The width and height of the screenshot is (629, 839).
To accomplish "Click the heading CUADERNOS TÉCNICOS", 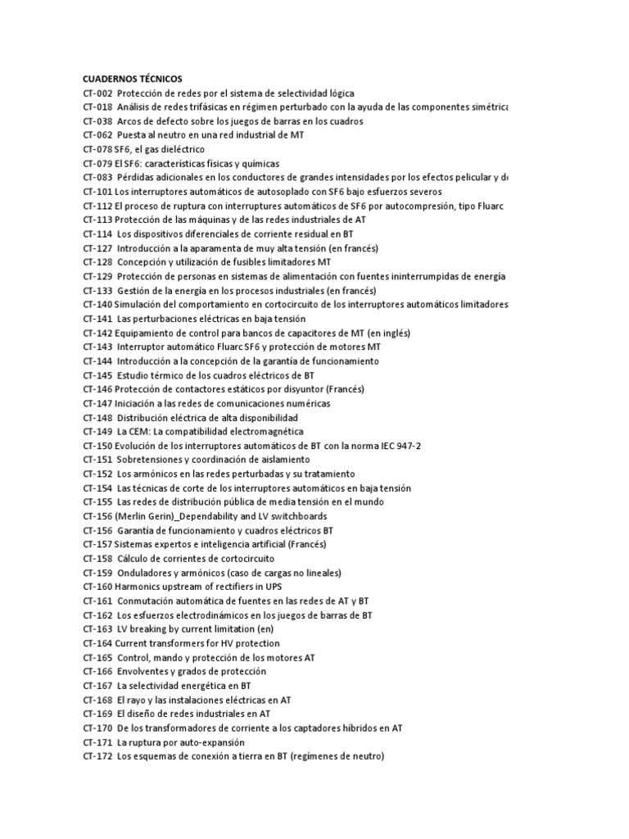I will [138, 79].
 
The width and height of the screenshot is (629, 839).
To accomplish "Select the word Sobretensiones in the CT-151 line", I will [150, 460].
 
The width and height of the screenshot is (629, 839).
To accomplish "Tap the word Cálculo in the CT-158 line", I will [133, 559].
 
